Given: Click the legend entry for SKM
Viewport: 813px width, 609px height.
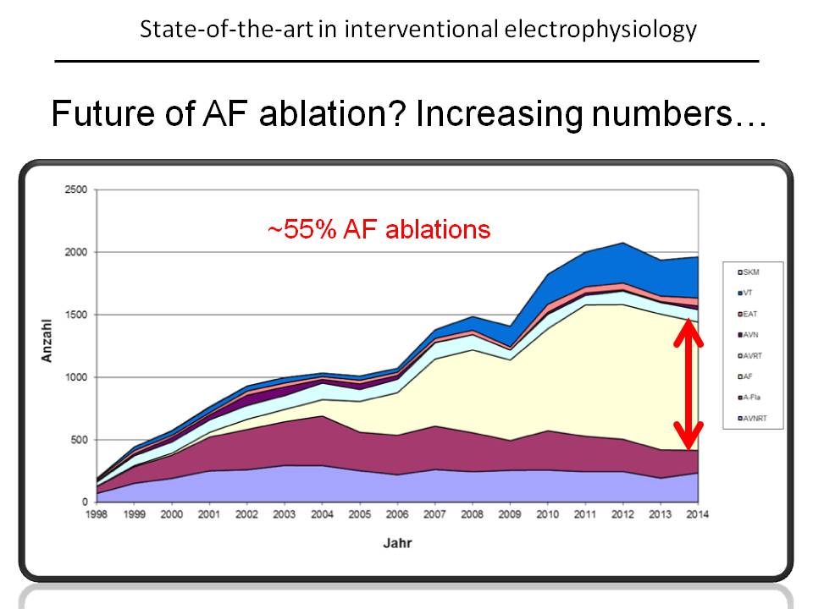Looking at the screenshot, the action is click(749, 272).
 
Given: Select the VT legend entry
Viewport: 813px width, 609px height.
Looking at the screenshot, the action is click(745, 293).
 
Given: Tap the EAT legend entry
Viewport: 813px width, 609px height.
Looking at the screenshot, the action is click(748, 314).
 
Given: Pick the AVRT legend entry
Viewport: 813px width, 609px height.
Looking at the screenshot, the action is click(749, 356).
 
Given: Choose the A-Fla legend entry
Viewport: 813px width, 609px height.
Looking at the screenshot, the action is click(749, 398).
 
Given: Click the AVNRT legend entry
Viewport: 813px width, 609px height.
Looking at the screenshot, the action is click(752, 418).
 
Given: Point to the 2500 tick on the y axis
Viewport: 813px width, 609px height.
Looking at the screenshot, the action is click(76, 189).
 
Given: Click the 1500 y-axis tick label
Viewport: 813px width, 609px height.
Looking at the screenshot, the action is click(76, 315).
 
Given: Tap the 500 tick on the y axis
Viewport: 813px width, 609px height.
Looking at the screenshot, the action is click(80, 440).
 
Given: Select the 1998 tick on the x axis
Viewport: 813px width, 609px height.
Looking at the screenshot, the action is click(97, 514).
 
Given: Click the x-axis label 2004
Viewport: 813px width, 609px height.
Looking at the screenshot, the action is click(322, 514).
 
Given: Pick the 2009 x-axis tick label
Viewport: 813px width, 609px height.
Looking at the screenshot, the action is click(510, 514).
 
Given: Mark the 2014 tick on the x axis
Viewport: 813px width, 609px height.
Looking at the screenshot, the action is click(697, 514).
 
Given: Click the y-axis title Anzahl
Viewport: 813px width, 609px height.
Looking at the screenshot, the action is click(47, 341).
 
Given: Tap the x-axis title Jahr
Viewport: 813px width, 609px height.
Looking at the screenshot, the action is click(397, 543).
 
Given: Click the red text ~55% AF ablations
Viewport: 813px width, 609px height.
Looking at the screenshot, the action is click(379, 229).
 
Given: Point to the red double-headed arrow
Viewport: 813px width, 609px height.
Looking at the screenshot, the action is click(688, 385).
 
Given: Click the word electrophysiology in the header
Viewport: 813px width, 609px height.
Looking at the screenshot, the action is click(600, 30).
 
